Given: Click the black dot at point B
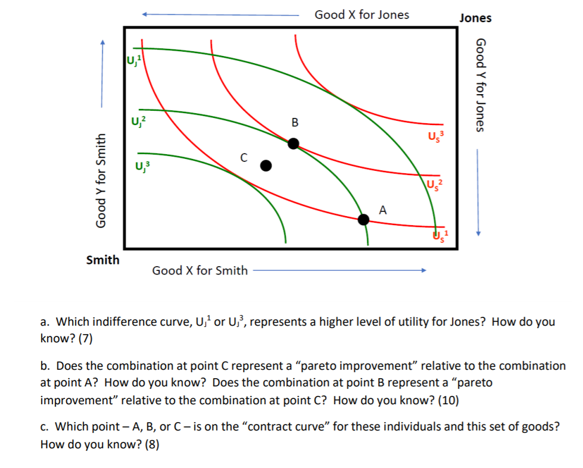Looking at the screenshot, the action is coord(294,143).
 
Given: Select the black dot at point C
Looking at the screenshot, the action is coord(266,165).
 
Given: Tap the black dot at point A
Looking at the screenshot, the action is coord(364,219).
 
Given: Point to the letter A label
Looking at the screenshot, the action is coord(383,210).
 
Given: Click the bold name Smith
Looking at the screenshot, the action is coord(102,260).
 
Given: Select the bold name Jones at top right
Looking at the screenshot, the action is coord(475,18).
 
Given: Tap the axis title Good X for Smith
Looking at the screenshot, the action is coord(200,271).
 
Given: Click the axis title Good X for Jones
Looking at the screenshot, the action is coord(361,15).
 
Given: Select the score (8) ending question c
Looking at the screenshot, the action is coord(150,444).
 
